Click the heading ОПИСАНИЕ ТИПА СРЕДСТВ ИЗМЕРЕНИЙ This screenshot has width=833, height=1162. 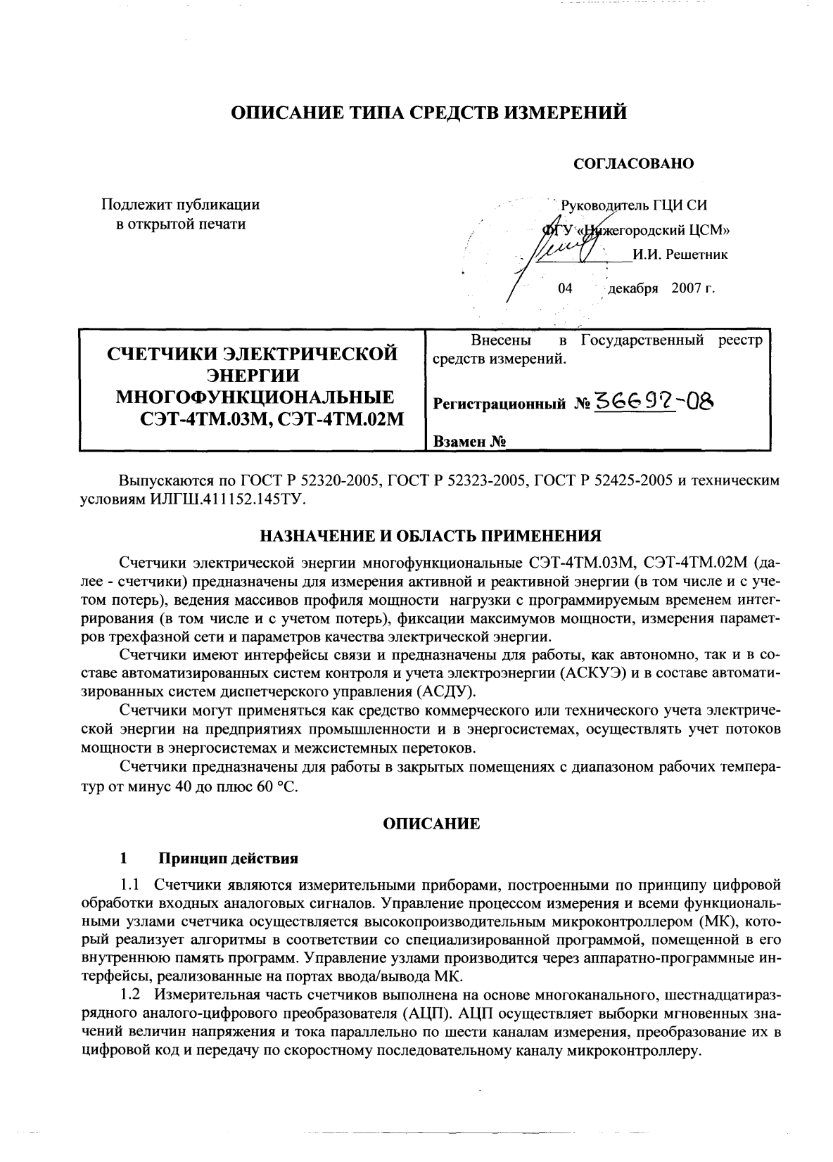[x=429, y=113]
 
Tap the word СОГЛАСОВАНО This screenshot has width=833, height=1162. [x=634, y=164]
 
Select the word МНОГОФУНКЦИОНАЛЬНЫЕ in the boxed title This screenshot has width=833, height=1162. [x=255, y=397]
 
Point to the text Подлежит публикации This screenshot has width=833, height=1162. [x=181, y=205]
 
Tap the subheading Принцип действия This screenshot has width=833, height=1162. [x=228, y=858]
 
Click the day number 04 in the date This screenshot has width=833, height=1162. [x=565, y=288]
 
